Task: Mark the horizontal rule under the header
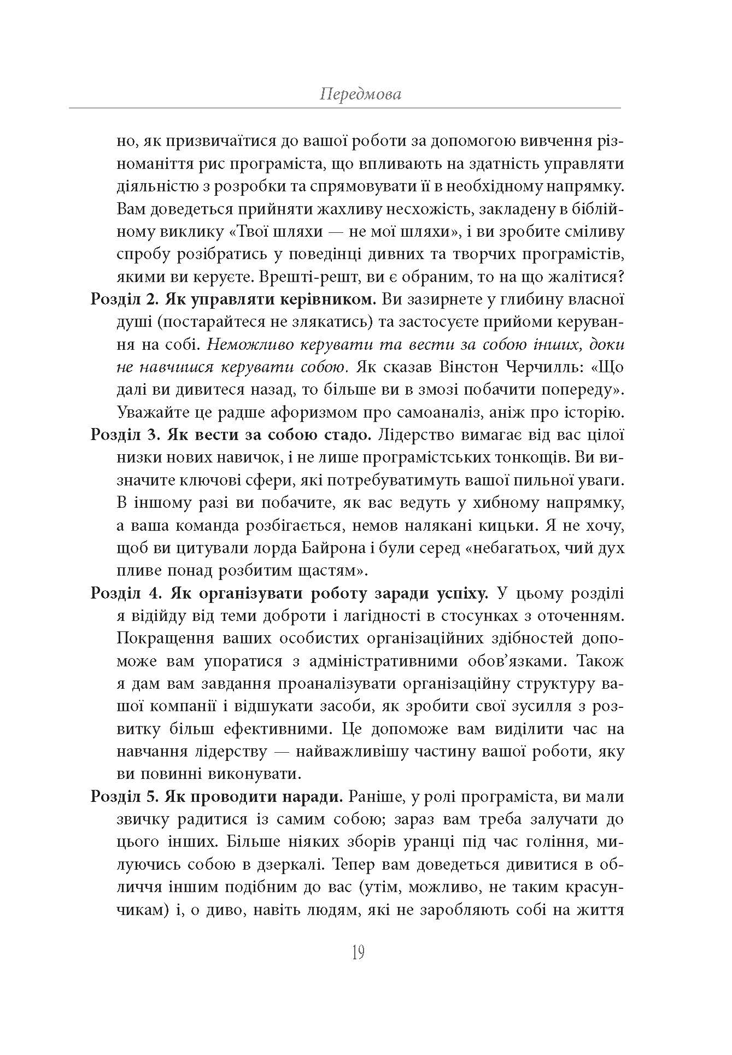point(344,108)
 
